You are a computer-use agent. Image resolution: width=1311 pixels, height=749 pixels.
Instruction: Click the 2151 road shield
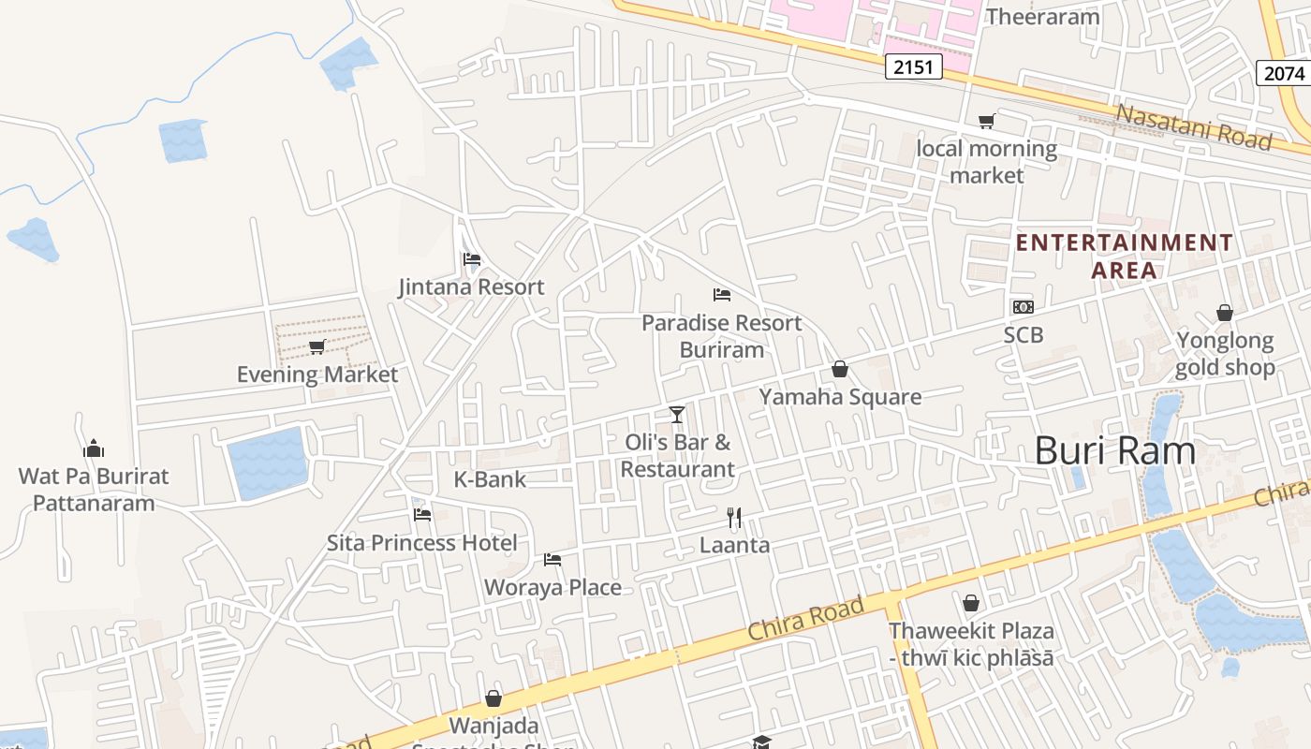click(x=913, y=66)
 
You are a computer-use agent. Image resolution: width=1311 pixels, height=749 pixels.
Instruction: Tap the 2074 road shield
click(x=1282, y=73)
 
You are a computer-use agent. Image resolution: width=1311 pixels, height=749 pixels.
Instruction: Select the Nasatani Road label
click(x=1195, y=126)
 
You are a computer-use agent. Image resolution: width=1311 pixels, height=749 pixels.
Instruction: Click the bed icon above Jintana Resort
click(x=471, y=259)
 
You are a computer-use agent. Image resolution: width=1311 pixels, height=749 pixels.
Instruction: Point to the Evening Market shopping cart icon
click(x=317, y=347)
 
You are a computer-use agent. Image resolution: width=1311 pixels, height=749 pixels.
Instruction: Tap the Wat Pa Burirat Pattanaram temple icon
click(x=94, y=448)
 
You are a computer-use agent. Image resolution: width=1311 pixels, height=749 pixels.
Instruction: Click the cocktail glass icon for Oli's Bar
click(x=677, y=414)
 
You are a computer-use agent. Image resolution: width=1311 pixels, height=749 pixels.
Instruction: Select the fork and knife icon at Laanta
click(x=735, y=517)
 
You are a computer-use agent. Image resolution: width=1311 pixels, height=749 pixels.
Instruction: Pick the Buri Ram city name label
click(x=1114, y=451)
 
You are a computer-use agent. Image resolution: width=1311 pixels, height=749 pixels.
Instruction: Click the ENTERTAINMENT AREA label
click(x=1125, y=257)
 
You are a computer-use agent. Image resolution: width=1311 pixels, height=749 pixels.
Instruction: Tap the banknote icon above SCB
click(x=1023, y=307)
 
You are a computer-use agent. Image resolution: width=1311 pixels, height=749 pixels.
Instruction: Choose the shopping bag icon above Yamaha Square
click(x=840, y=370)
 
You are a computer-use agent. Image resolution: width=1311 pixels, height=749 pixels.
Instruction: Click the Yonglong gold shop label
click(x=1225, y=354)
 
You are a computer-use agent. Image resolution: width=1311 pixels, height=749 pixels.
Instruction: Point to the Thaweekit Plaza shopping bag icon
click(x=971, y=603)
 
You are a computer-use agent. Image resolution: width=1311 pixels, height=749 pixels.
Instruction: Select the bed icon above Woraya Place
click(x=552, y=560)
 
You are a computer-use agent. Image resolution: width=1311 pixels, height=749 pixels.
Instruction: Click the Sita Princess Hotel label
click(x=421, y=543)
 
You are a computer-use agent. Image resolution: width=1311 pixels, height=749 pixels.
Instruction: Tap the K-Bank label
click(x=490, y=479)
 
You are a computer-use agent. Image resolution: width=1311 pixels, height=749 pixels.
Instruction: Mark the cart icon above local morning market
click(x=986, y=121)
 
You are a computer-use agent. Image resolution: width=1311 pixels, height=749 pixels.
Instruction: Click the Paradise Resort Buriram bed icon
click(x=721, y=295)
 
